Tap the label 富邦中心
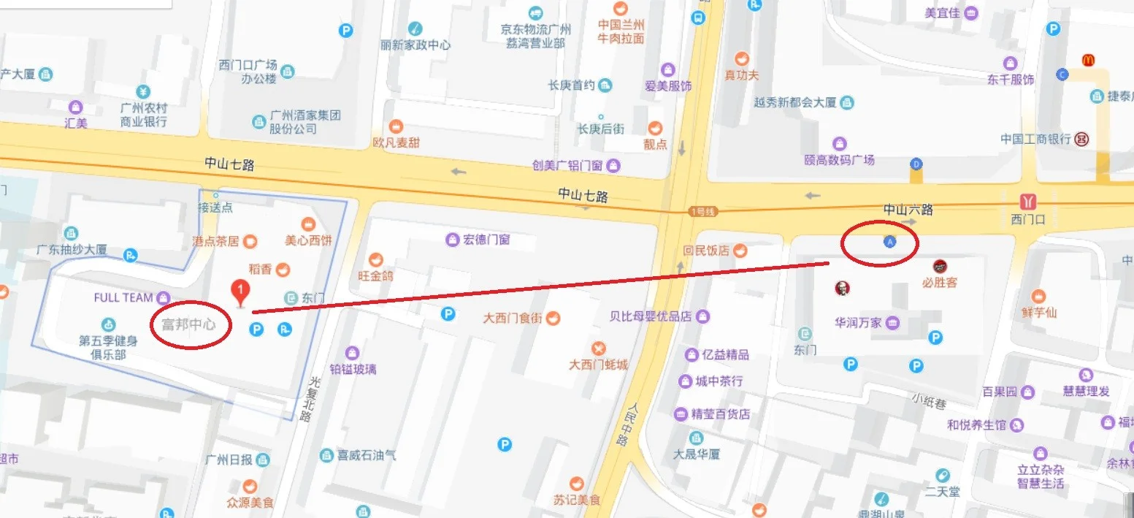point(188,324)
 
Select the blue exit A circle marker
point(889,241)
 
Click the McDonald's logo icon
point(1088,60)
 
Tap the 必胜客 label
point(939,282)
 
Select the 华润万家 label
point(859,322)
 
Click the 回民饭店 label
point(706,251)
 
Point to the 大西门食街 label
point(512,318)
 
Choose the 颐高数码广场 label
point(839,159)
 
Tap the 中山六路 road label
point(908,209)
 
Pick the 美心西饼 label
point(308,240)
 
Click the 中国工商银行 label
point(1035,139)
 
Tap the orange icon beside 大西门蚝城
point(599,347)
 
